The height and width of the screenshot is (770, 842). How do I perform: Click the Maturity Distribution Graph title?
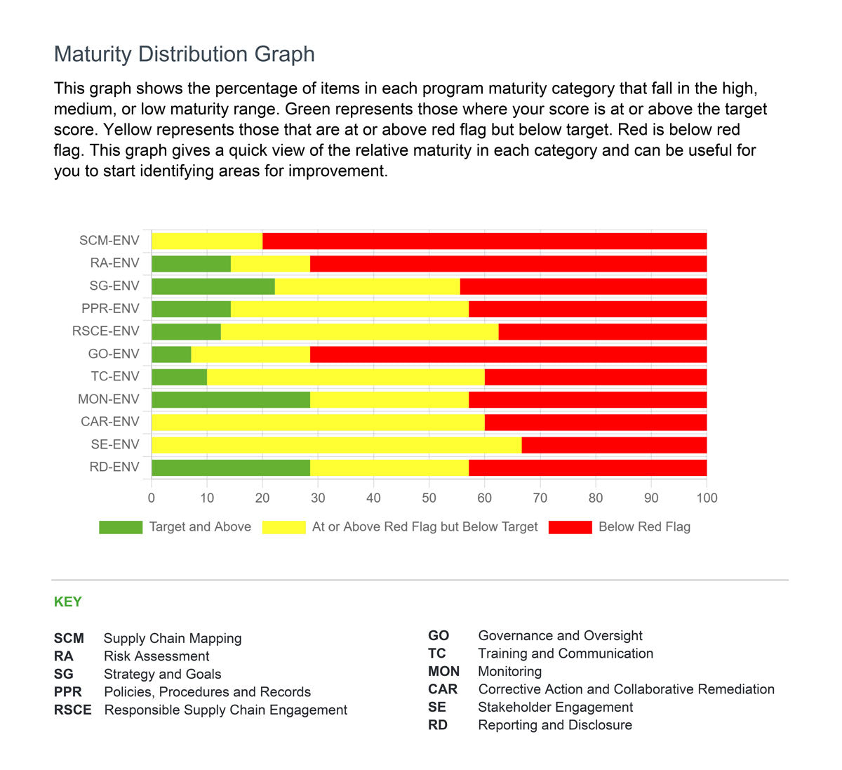coord(184,54)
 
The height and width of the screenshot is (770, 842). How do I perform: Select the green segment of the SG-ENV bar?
coord(213,286)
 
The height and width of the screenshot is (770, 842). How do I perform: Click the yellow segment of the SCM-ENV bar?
coord(207,241)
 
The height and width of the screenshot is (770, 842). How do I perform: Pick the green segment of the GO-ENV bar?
coord(171,354)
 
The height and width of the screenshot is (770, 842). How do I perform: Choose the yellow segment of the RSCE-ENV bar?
coord(359,331)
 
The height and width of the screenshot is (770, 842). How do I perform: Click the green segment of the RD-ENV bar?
coord(230,467)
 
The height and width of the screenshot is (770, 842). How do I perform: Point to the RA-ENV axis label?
coord(114,263)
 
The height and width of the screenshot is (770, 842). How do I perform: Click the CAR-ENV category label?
coord(109,422)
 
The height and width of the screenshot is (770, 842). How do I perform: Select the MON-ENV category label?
coord(108,399)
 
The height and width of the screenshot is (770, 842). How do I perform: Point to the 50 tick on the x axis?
coord(429,498)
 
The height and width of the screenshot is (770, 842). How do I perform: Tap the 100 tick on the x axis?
coord(706,498)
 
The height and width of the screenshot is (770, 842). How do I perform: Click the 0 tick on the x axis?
coord(152,498)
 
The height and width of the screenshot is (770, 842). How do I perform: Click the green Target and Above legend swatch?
coord(121,527)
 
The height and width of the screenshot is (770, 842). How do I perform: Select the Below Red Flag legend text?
coord(643,527)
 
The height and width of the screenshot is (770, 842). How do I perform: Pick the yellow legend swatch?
coord(283,527)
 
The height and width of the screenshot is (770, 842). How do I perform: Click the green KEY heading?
coord(68,602)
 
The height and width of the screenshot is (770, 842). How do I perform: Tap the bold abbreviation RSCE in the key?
coord(72,710)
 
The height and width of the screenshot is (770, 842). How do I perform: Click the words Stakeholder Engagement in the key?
coord(555,707)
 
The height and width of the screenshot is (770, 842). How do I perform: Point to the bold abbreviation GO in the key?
coord(438,635)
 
